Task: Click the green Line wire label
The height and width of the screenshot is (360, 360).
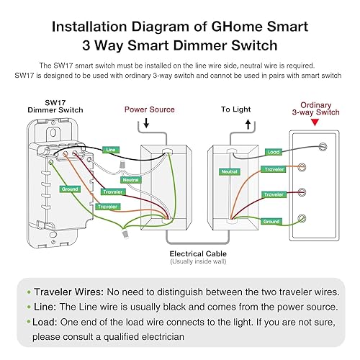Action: pos(110,149)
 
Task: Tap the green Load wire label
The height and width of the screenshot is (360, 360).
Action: pos(274,152)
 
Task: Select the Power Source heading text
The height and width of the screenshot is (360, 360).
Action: pos(150,109)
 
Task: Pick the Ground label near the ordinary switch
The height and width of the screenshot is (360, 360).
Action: pos(271,222)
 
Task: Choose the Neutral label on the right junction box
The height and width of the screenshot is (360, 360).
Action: pos(230,172)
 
